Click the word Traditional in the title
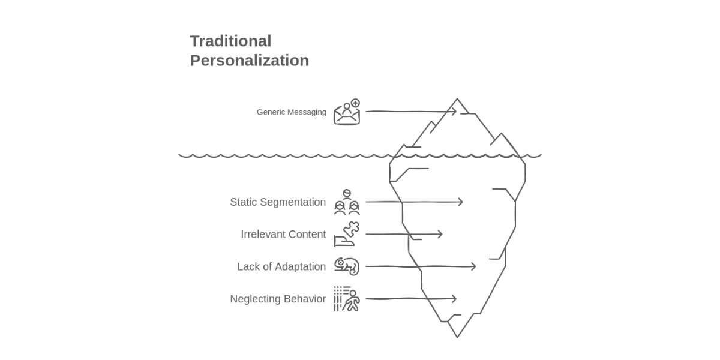(x=230, y=41)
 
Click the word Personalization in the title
(x=250, y=61)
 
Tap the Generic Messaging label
(x=291, y=112)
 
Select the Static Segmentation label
(x=278, y=202)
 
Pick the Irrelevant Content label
(x=283, y=235)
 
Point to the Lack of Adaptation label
(x=281, y=267)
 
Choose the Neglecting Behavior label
(x=278, y=299)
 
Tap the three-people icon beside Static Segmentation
(x=347, y=202)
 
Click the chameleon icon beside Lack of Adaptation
(x=347, y=266)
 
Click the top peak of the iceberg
(x=457, y=98)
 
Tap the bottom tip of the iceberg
(x=457, y=337)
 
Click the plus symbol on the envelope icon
(x=355, y=103)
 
